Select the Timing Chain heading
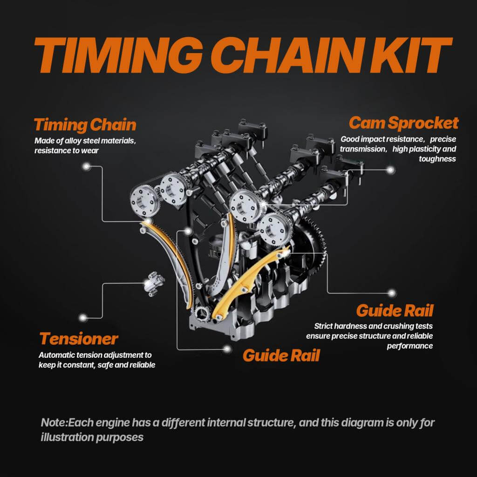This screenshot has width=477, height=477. click(x=85, y=125)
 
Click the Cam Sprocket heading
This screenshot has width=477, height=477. click(x=403, y=123)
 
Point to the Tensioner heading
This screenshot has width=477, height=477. click(x=79, y=338)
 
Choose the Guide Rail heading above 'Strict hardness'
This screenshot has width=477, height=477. click(x=395, y=310)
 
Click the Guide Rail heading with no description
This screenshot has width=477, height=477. click(x=281, y=355)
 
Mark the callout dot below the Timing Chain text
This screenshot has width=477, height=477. click(x=85, y=166)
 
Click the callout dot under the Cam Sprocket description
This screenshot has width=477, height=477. click(x=391, y=170)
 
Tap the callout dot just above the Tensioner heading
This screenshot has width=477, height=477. click(x=83, y=317)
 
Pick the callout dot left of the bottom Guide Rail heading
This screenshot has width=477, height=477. click(x=227, y=348)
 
